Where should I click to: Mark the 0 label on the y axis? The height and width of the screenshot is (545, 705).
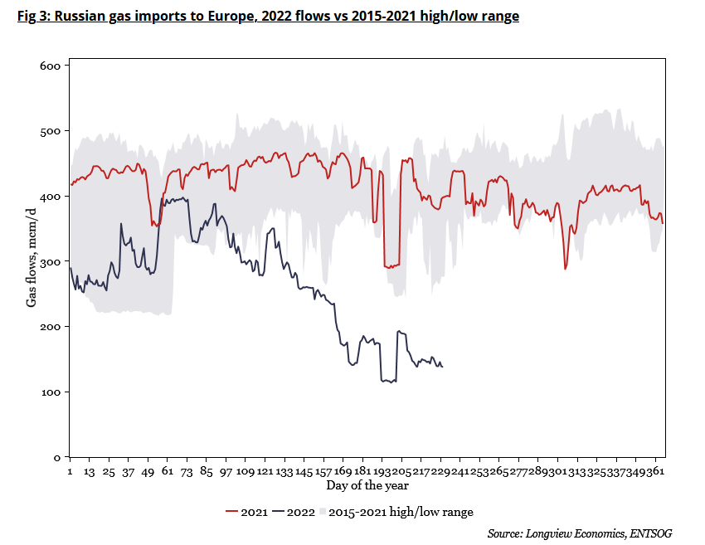pos(57,458)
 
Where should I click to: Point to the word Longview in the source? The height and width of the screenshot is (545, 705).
pos(551,533)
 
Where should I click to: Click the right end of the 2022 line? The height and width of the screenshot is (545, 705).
pos(442,366)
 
